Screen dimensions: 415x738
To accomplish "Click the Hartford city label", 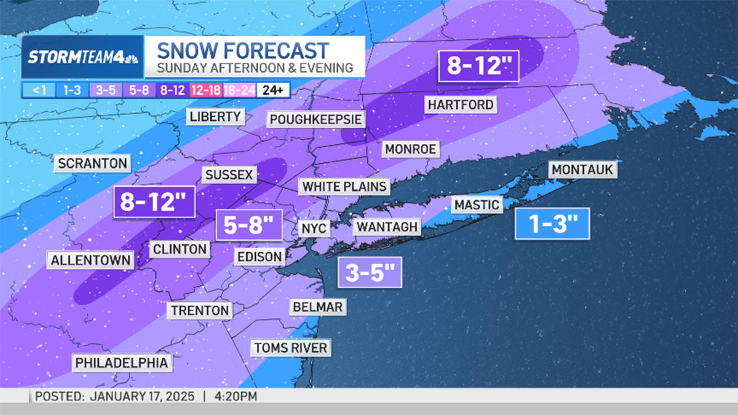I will coord(461,105).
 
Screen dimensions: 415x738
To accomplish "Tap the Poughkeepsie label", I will coord(315,119).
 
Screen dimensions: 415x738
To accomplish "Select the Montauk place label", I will coord(582,170).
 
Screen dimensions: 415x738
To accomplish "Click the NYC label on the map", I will coord(314,229).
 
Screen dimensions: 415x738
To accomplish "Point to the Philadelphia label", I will coord(121,363).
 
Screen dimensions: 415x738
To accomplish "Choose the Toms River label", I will coord(290,348).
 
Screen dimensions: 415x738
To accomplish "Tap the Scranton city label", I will coord(92,164).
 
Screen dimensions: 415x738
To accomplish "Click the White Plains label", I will coord(344,186).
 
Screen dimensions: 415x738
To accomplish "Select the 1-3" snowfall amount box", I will coord(551,224).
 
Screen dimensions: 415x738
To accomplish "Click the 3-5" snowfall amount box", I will coord(370,272).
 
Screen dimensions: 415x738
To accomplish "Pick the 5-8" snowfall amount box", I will coord(248,225).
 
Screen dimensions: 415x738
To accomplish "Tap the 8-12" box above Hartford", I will coord(479,65).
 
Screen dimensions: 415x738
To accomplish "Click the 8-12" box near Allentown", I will coord(154,202).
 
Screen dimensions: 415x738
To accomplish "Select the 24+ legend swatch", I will coord(272,90).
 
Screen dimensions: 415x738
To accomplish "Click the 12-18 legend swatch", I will coord(206,90).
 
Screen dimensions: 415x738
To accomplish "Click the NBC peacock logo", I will coord(132,57).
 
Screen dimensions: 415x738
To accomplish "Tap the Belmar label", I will coord(318,307).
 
